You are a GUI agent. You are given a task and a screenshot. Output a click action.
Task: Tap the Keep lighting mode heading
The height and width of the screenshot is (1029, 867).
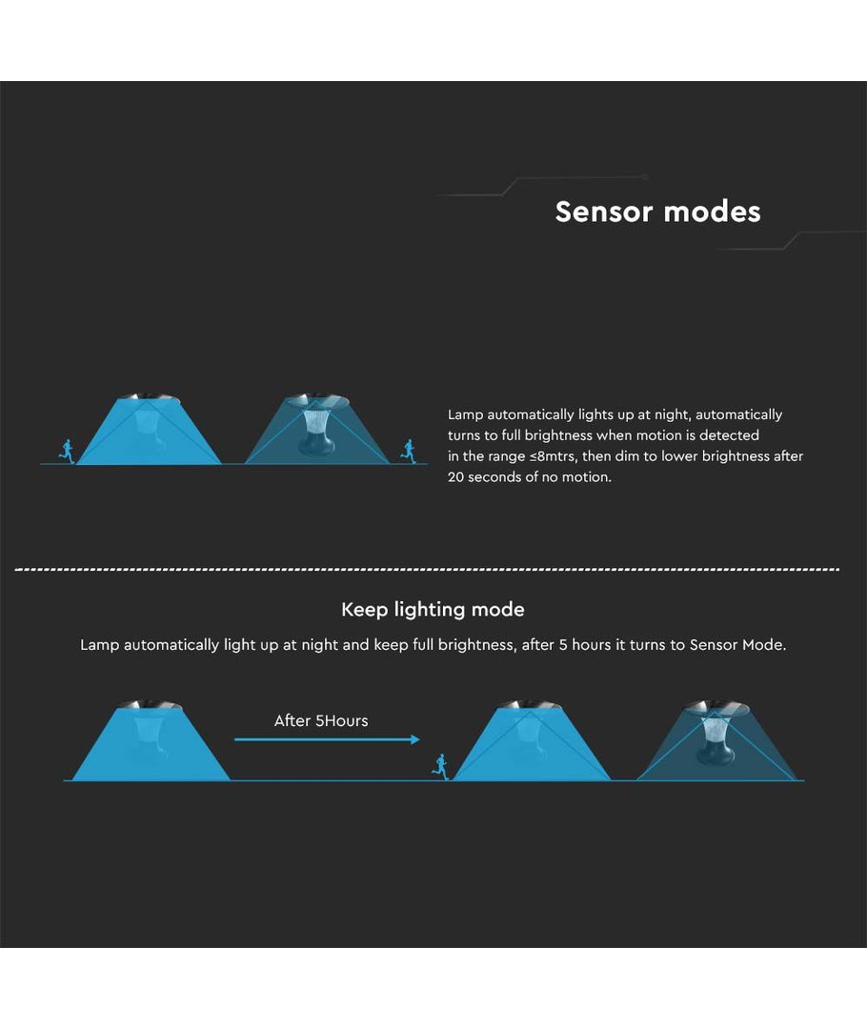(x=433, y=610)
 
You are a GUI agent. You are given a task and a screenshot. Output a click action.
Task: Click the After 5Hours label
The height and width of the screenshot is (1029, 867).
(x=321, y=721)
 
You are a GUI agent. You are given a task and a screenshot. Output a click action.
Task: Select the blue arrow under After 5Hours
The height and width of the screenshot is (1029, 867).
(x=327, y=739)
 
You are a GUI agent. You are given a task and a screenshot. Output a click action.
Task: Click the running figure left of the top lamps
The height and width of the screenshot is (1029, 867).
(x=67, y=450)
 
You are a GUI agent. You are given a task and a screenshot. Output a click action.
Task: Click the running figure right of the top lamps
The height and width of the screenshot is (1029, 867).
(x=409, y=450)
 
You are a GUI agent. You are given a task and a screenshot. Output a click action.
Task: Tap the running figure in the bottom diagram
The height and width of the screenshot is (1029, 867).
(x=440, y=765)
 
